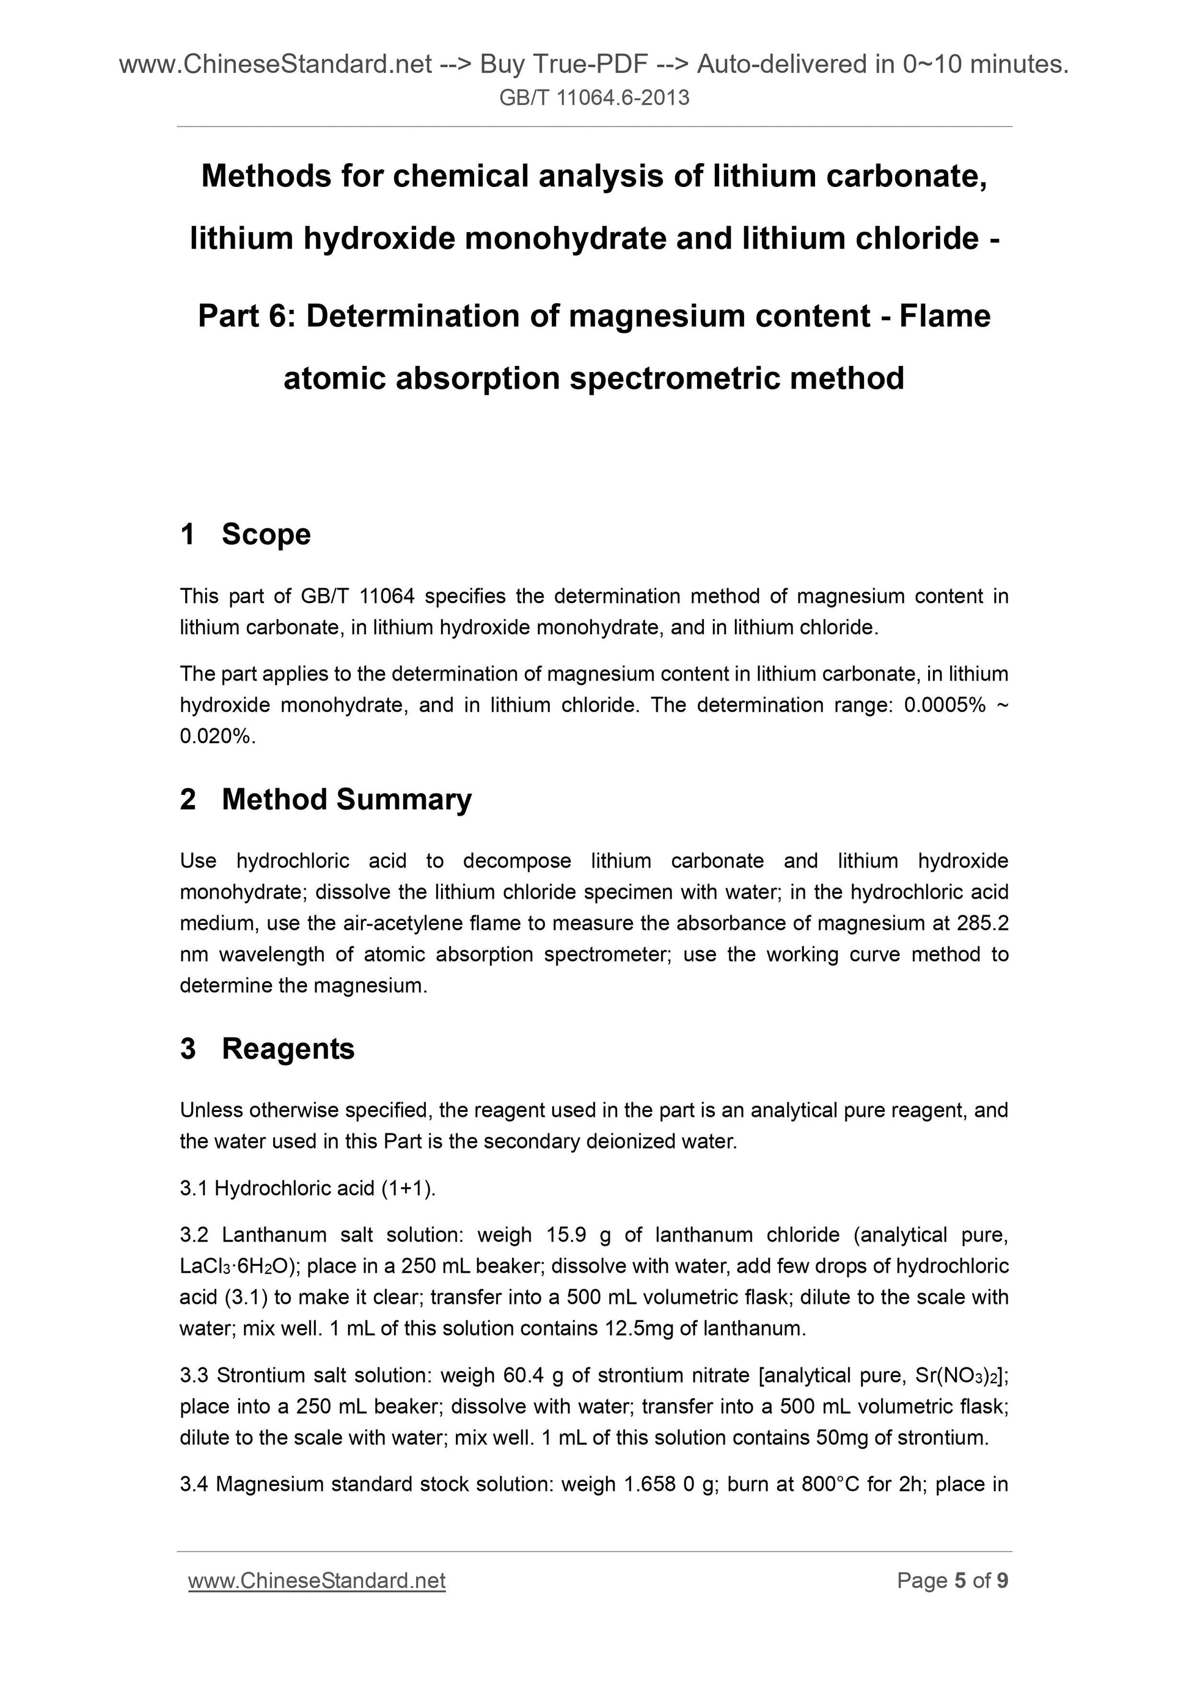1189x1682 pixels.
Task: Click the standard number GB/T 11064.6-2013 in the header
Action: (594, 97)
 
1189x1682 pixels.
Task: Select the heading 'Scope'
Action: (266, 534)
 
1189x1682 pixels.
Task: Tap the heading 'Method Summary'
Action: (346, 799)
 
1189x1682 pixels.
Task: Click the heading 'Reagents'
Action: (288, 1048)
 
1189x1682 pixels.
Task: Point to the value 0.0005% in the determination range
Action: (945, 706)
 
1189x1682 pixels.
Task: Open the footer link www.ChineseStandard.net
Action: (316, 1581)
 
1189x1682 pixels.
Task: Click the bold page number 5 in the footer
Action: (960, 1581)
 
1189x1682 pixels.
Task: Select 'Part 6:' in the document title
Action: (246, 316)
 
